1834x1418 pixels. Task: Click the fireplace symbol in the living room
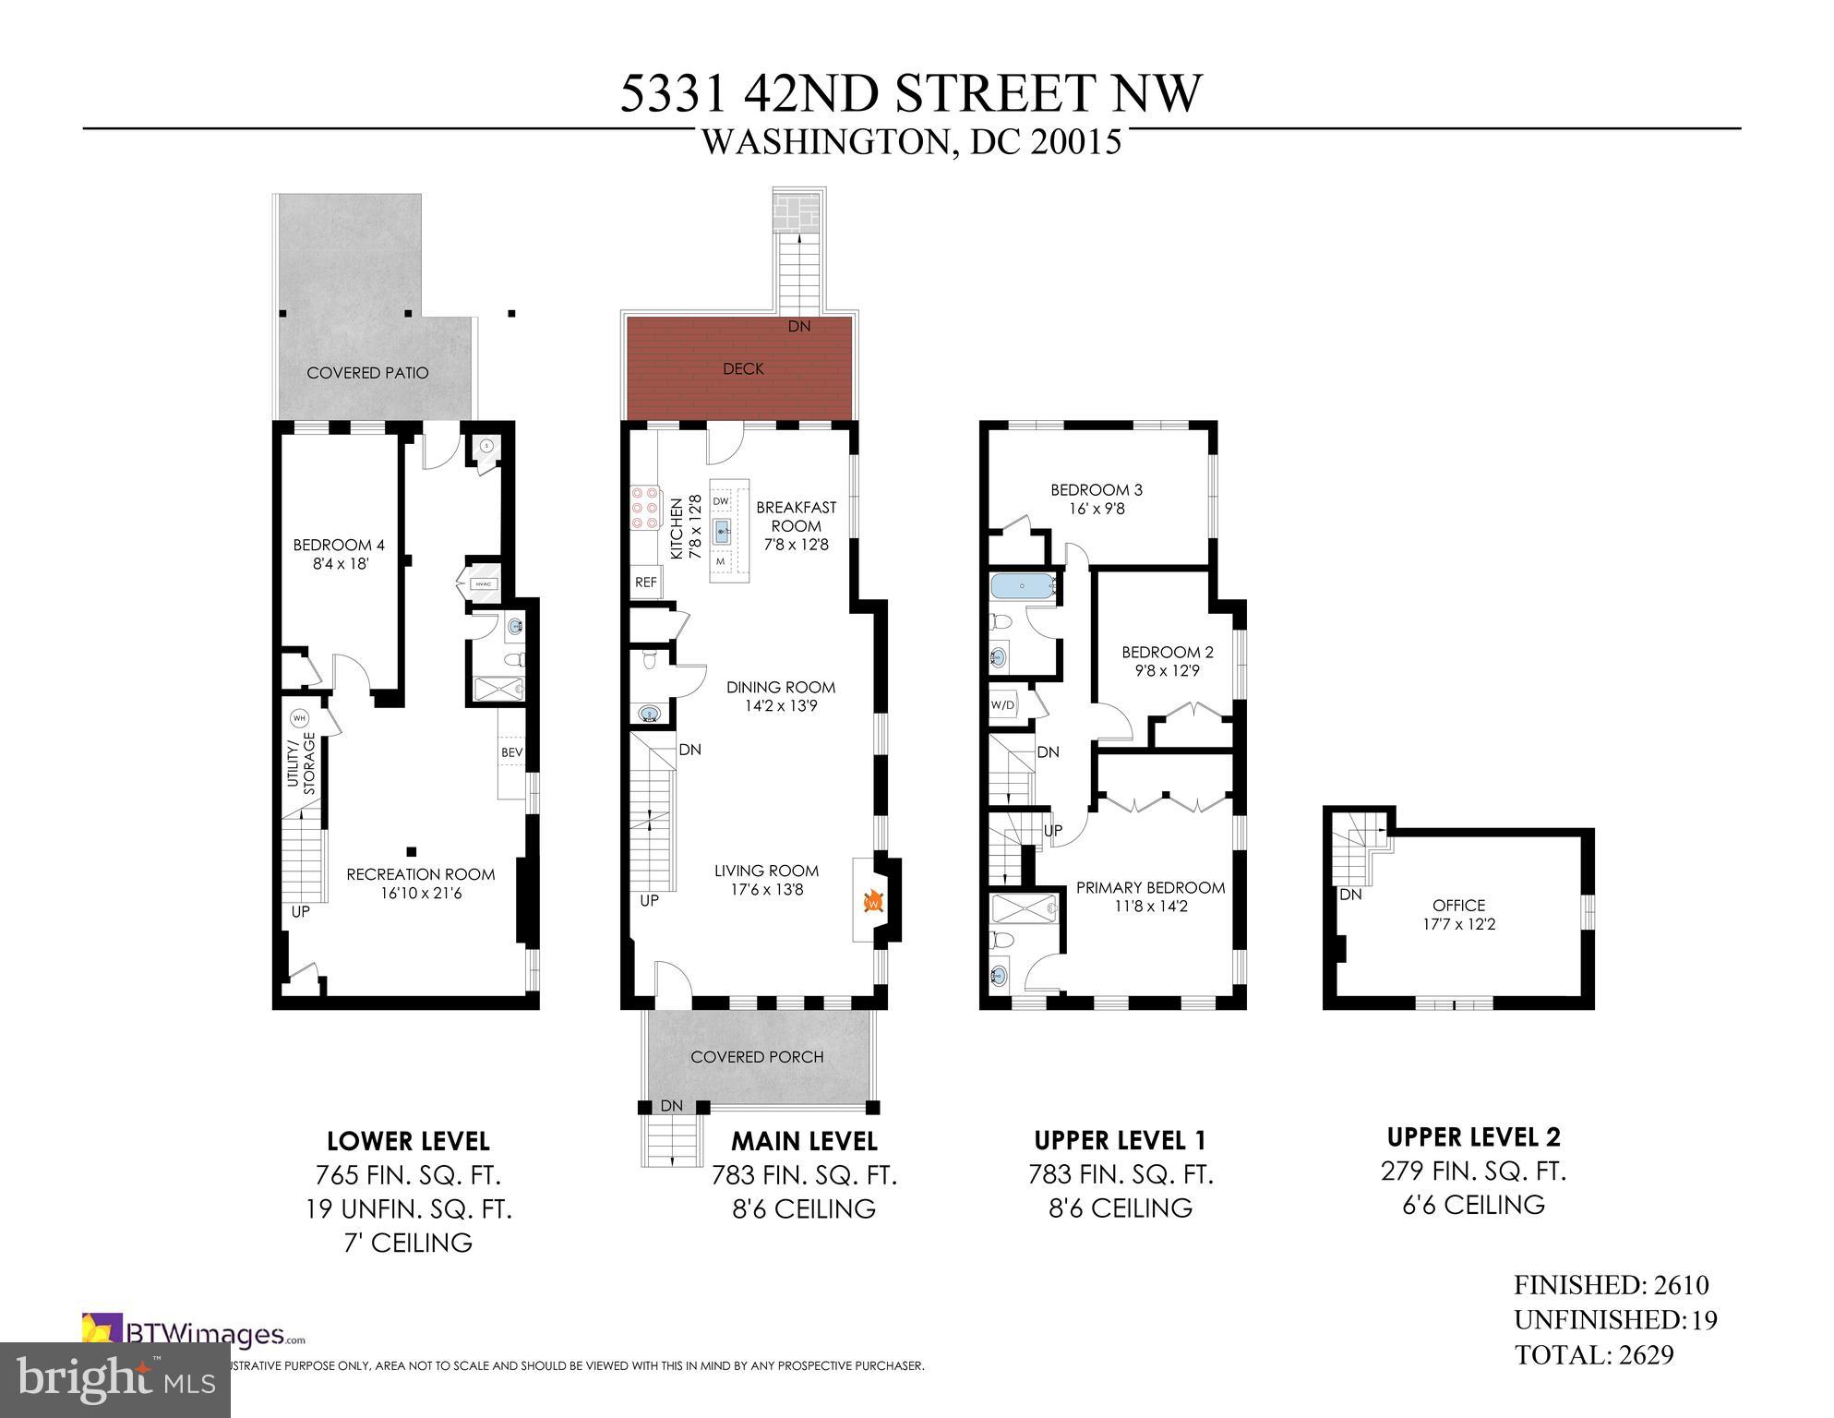[x=870, y=899]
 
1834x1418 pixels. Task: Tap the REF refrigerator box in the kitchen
[x=646, y=583]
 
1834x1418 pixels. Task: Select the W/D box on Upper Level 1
[x=1002, y=704]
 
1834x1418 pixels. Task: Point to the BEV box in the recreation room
[x=511, y=752]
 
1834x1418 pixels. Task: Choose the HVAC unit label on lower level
[x=484, y=583]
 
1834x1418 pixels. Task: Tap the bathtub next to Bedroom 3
[x=1025, y=586]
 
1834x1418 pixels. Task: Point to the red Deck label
[x=743, y=368]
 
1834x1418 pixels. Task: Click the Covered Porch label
[x=757, y=1057]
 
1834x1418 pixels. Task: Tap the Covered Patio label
[x=367, y=373]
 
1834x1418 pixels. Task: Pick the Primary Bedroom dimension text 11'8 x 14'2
[x=1150, y=907]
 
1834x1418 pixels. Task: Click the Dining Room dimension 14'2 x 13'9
[x=780, y=706]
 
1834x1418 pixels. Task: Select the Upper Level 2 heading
[x=1474, y=1136]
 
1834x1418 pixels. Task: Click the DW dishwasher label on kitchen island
[x=722, y=500]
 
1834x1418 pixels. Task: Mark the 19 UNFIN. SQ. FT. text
[x=409, y=1209]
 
